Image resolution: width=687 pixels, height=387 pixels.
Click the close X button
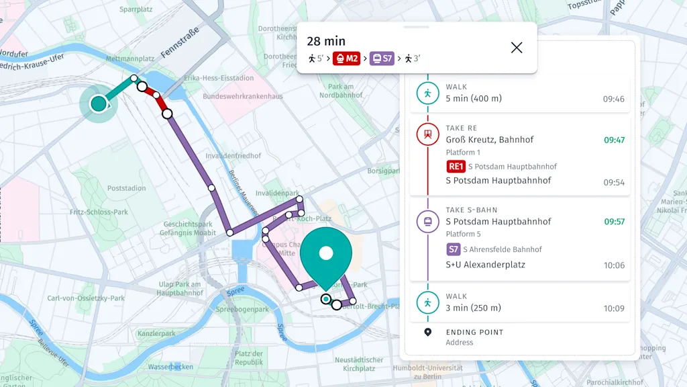[x=516, y=47]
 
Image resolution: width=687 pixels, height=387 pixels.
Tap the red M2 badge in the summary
[x=346, y=58]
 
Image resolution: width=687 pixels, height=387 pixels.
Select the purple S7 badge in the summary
[x=382, y=58]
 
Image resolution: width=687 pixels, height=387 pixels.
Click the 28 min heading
[x=326, y=42]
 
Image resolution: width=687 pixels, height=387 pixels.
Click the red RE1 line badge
[x=456, y=167]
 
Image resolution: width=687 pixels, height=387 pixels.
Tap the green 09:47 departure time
[x=614, y=140]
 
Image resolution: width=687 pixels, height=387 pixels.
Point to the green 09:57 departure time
[x=614, y=222]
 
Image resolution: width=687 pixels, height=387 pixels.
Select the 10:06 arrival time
[x=614, y=265]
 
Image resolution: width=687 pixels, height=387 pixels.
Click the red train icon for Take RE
[x=427, y=134]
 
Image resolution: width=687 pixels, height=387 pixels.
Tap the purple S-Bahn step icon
[x=427, y=221]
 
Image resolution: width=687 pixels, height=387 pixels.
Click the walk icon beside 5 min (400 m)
[x=427, y=93]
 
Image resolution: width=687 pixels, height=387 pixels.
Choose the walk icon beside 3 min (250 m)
[x=427, y=302]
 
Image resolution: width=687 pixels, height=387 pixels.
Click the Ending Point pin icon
[x=427, y=332]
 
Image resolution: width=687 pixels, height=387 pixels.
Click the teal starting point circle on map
[x=99, y=103]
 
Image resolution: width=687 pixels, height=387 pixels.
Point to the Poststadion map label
[x=126, y=188]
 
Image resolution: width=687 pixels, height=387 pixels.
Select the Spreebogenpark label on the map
[x=242, y=310]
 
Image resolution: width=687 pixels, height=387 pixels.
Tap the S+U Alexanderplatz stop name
[x=485, y=265]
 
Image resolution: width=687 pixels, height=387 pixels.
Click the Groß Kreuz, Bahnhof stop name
[x=489, y=140]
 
